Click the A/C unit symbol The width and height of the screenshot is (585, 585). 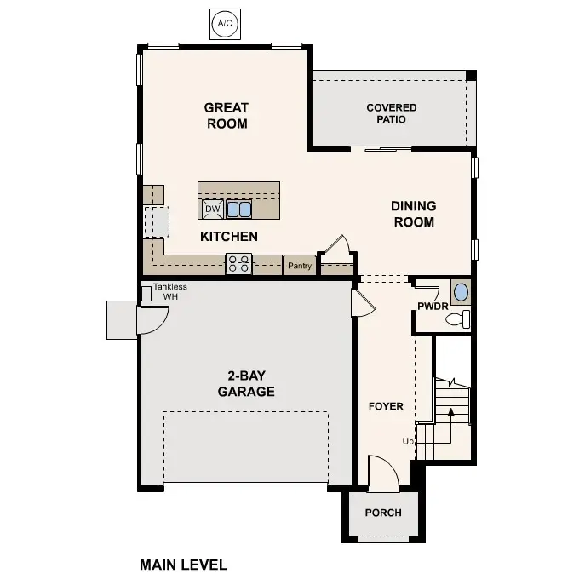225,24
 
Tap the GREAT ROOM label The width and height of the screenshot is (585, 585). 226,116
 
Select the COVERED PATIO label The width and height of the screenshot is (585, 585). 391,113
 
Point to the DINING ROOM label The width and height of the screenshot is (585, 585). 413,214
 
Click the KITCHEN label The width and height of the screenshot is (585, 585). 228,236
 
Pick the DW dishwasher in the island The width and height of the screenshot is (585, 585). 213,209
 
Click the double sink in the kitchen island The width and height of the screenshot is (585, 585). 238,209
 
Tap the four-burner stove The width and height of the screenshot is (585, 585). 238,265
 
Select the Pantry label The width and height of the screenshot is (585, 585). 298,267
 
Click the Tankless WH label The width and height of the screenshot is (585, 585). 170,292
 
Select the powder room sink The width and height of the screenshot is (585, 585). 460,292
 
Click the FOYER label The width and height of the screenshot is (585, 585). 385,406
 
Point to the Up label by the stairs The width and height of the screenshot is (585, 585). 408,441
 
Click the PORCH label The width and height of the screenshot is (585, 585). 382,513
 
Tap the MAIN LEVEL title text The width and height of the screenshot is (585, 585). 183,564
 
